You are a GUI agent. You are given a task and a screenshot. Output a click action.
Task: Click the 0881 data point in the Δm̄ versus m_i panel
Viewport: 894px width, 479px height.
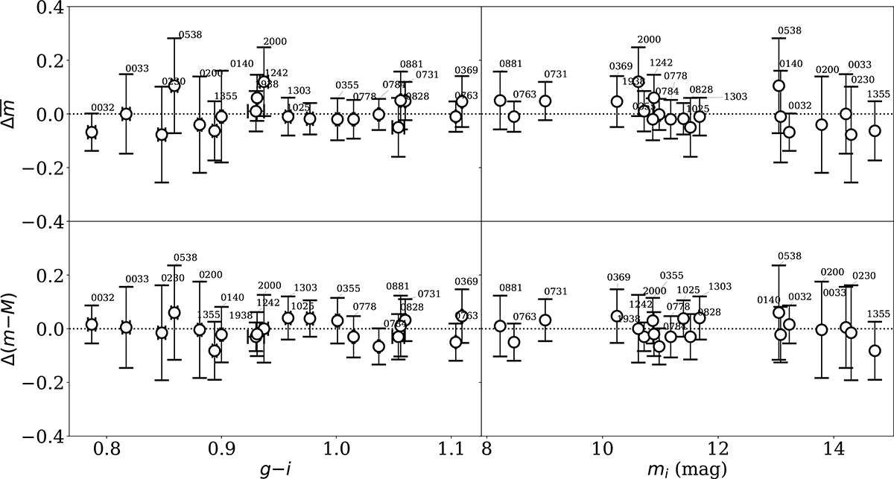tap(500, 101)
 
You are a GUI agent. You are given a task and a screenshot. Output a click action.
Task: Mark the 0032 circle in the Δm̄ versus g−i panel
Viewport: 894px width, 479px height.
tap(92, 132)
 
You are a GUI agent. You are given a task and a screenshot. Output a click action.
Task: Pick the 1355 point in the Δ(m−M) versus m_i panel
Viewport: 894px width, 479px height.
tap(875, 350)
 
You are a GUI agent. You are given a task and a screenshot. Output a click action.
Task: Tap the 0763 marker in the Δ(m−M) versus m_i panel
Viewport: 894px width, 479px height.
tap(513, 342)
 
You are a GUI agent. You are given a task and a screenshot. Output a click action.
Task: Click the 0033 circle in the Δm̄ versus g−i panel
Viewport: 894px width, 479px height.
tap(126, 114)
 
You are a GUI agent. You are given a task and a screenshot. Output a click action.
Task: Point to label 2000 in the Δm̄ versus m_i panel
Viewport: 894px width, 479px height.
tap(649, 39)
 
